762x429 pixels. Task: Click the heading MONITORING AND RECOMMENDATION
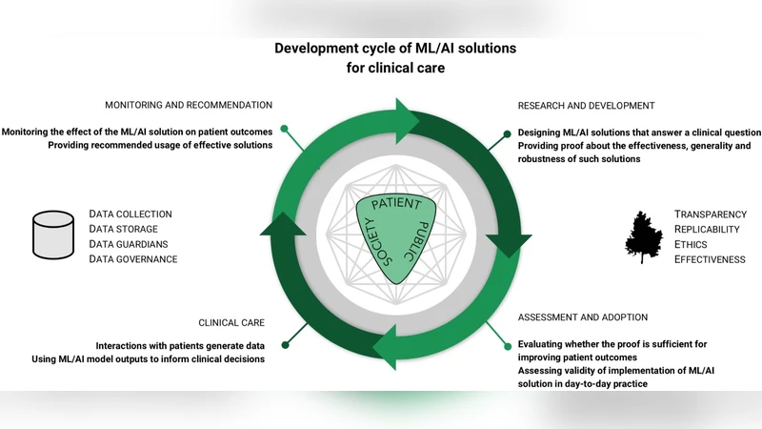coord(189,105)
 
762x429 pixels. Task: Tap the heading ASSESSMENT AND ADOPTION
coord(582,317)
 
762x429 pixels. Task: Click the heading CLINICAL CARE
coord(231,323)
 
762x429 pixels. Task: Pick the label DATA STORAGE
coord(123,229)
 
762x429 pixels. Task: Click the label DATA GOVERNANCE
coord(132,259)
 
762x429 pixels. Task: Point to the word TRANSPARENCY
coord(710,214)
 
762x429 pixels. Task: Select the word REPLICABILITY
coord(709,230)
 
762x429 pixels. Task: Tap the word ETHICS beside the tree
coord(692,244)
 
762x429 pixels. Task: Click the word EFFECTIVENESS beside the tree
coord(710,259)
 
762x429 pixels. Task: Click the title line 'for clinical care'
coord(381,68)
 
